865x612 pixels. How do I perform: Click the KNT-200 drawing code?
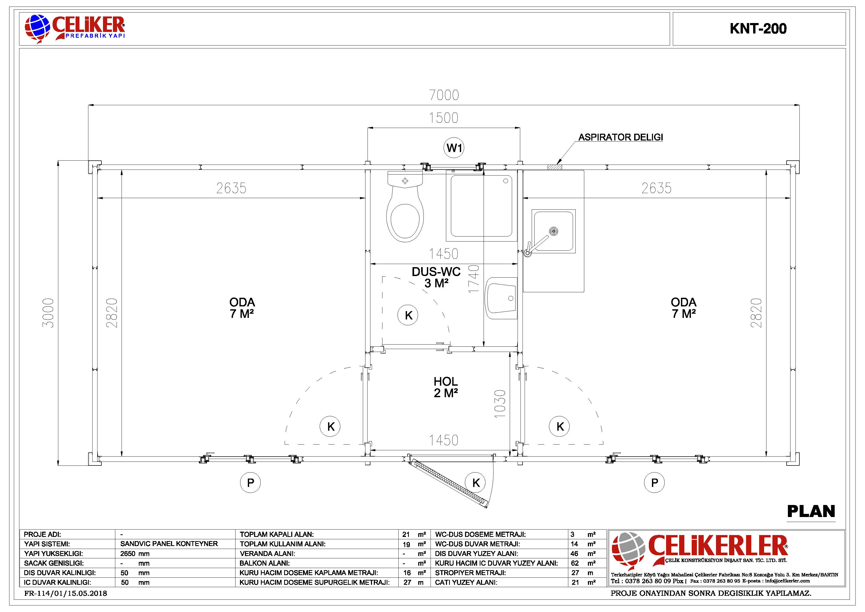pyautogui.click(x=758, y=29)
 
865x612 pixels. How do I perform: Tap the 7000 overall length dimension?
pyautogui.click(x=444, y=95)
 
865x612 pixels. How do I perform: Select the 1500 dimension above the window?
pyautogui.click(x=444, y=118)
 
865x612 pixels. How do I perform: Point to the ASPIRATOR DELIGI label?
pyautogui.click(x=621, y=137)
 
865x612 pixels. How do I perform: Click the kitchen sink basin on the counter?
pyautogui.click(x=553, y=231)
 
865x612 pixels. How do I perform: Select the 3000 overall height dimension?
pyautogui.click(x=48, y=313)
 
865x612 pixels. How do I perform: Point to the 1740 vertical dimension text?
pyautogui.click(x=474, y=279)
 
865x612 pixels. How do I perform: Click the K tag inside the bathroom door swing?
pyautogui.click(x=408, y=315)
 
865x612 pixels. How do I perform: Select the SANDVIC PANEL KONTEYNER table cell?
pyautogui.click(x=169, y=544)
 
